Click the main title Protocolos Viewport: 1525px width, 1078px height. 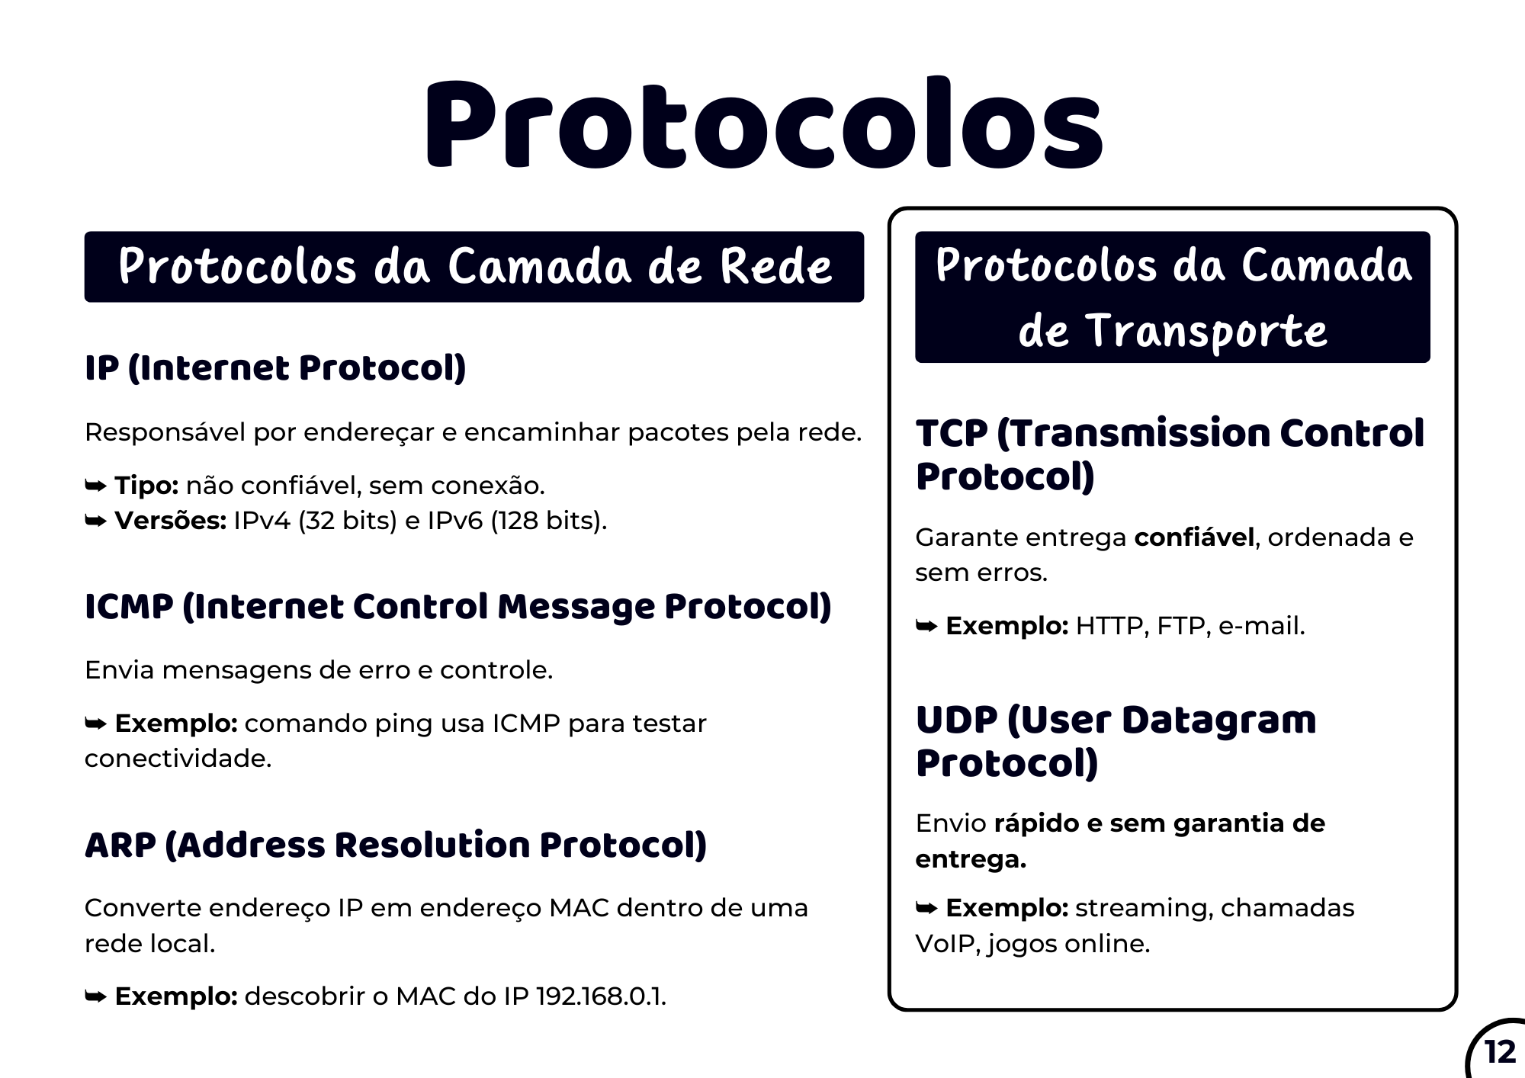coord(764,124)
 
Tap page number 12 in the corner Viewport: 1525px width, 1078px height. coord(1500,1053)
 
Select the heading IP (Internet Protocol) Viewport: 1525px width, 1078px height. coord(275,368)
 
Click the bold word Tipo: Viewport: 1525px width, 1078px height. coord(146,486)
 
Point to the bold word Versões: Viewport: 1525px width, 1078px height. coord(171,521)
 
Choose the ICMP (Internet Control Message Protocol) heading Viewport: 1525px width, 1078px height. coord(457,607)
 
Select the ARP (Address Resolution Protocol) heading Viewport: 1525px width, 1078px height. coord(396,845)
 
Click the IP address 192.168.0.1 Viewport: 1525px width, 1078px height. coord(601,996)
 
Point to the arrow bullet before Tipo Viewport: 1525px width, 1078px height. coord(95,486)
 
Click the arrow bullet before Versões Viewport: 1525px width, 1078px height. coord(95,521)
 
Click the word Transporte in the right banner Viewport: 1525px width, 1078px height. coord(1206,332)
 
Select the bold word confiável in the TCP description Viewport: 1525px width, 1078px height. coord(1194,537)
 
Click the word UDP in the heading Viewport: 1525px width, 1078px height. coord(956,720)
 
